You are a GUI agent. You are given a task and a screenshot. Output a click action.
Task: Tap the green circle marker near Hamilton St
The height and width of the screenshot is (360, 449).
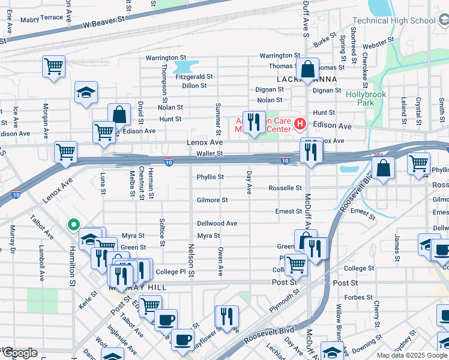click(73, 226)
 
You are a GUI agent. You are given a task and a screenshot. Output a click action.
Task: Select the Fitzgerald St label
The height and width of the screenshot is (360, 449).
click(193, 77)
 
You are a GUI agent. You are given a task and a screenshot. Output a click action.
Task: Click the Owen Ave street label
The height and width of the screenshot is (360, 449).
click(220, 262)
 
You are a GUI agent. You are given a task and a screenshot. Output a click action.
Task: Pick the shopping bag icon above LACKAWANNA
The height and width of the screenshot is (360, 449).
click(307, 69)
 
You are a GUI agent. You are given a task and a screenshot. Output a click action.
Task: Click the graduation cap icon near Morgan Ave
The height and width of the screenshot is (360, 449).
click(86, 92)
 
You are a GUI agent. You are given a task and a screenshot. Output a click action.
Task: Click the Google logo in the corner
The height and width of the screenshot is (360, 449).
click(19, 353)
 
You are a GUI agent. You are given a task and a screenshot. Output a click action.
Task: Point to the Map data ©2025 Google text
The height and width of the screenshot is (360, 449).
click(412, 355)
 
